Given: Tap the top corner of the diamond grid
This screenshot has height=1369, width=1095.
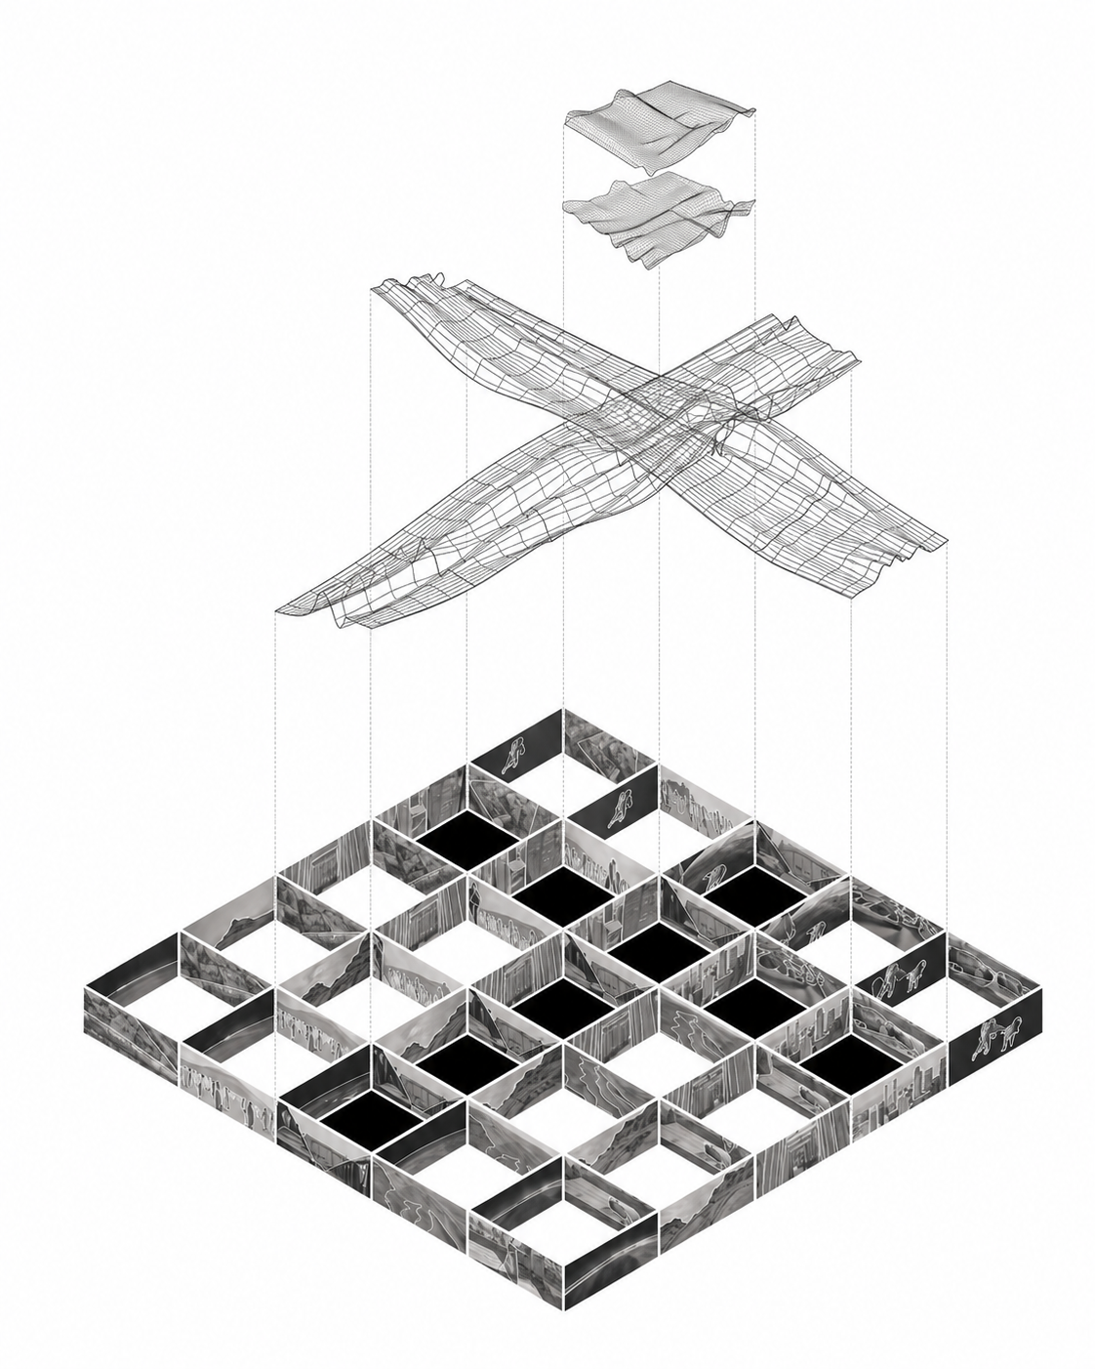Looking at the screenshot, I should coord(563,710).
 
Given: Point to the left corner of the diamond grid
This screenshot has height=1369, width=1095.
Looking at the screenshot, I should coord(87,988).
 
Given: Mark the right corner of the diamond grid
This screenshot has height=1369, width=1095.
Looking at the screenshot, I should coord(1041,988).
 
